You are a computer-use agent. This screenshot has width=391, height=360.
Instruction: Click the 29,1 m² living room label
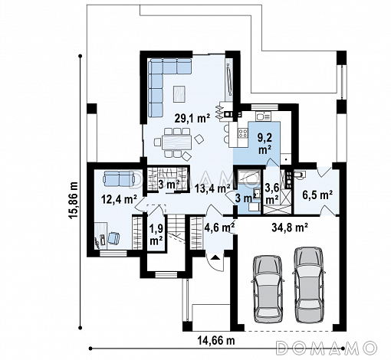point(192,119)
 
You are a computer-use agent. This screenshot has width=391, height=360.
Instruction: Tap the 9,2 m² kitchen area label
point(265,144)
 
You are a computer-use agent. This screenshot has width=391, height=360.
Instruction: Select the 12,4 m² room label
point(120,198)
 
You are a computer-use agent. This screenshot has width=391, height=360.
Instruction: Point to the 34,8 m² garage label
point(290,227)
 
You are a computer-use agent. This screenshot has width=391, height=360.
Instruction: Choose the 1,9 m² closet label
point(156,234)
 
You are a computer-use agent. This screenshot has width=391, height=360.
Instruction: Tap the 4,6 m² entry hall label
point(220,227)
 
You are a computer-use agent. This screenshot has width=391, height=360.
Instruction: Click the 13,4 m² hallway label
point(212,189)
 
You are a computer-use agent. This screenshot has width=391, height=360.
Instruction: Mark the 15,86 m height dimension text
point(74,200)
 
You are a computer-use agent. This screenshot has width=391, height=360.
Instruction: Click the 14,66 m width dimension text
point(216,340)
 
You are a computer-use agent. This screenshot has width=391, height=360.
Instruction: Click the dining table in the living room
point(176,142)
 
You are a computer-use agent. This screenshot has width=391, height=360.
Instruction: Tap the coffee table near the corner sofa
point(179,94)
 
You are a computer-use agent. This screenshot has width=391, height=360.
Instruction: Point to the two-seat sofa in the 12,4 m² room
point(119,178)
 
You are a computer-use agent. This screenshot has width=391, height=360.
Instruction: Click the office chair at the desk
point(113,238)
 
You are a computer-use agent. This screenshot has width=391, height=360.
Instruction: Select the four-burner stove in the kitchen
point(242,133)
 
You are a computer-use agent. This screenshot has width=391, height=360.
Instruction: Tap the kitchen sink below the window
point(263,116)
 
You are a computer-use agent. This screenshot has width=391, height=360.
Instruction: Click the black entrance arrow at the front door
point(216,257)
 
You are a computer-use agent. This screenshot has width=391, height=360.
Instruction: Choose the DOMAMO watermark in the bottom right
point(327,348)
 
